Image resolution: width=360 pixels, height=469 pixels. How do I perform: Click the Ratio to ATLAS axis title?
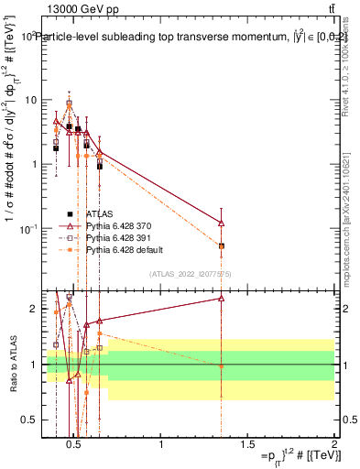tap(11, 365)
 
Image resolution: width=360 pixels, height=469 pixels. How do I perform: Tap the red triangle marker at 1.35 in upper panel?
tap(222, 223)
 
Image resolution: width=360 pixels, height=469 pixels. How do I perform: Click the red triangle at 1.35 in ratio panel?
tap(222, 298)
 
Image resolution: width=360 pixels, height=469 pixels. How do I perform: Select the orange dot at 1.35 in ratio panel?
tap(222, 365)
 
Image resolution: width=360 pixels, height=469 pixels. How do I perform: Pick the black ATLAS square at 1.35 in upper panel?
tap(222, 245)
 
